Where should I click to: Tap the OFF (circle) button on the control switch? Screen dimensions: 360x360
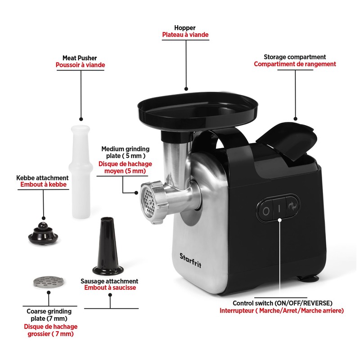click(x=266, y=210)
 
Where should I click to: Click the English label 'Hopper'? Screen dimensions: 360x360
click(x=185, y=27)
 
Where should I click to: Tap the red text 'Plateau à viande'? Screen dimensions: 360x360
click(x=185, y=35)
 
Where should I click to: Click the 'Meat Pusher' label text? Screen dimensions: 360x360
click(x=80, y=58)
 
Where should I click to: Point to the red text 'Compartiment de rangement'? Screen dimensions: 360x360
click(x=295, y=64)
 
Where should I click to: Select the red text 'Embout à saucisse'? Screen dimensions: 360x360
click(x=110, y=288)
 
